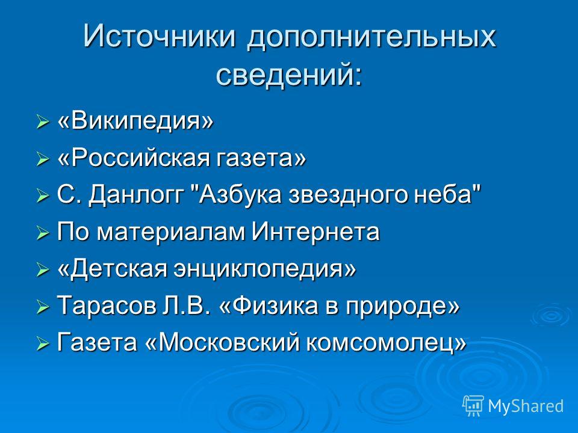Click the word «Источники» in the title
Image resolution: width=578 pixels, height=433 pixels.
[x=159, y=36]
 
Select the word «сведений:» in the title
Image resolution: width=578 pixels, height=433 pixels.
[x=289, y=75]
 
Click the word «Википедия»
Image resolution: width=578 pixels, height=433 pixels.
[x=135, y=121]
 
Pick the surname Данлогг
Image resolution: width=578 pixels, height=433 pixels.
[x=136, y=195]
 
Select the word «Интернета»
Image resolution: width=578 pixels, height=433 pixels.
[x=315, y=232]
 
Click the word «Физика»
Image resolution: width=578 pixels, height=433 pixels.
[x=270, y=306]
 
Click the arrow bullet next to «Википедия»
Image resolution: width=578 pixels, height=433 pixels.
[x=42, y=122]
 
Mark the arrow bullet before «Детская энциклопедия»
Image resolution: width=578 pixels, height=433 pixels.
[x=42, y=270]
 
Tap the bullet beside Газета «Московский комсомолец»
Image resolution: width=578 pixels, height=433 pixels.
[x=42, y=344]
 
